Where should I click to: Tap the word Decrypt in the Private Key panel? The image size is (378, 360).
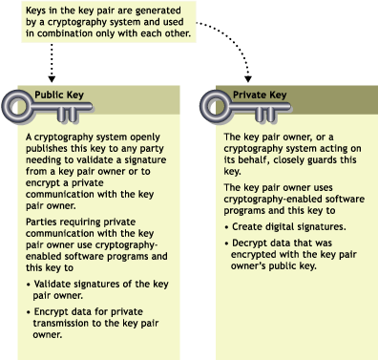click(249, 242)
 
